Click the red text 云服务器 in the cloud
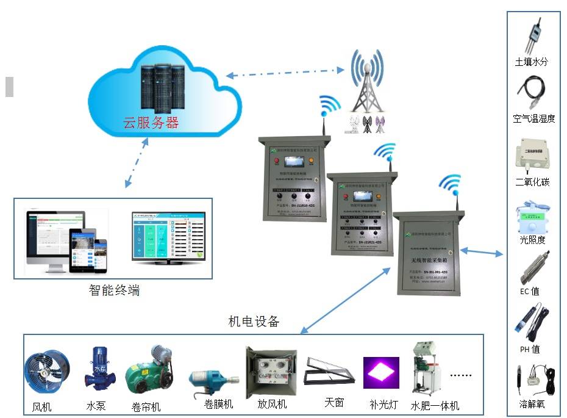point(151,123)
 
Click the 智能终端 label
point(114,290)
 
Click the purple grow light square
point(381,372)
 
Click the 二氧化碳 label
point(532,182)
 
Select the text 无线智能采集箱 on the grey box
point(427,261)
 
